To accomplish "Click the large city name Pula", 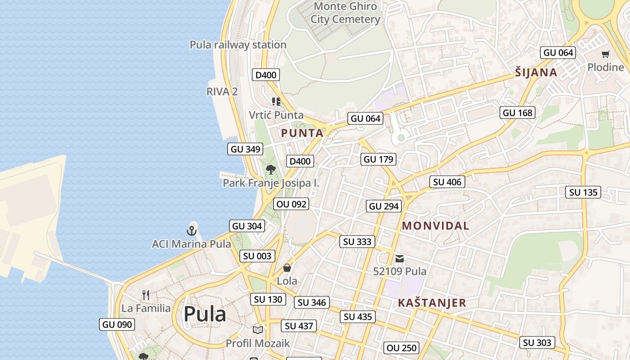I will (x=205, y=314).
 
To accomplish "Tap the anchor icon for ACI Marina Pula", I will (x=192, y=231).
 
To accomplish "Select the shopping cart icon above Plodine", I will (x=605, y=54).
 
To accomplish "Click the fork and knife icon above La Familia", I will (x=145, y=295).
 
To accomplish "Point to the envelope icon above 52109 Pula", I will (x=400, y=259).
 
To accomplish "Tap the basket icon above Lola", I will (x=287, y=268).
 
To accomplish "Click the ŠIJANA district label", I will (x=536, y=72).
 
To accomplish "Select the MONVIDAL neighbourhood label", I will (x=435, y=226).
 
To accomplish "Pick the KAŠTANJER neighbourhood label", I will (x=432, y=303).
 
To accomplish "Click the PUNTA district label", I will (x=302, y=133).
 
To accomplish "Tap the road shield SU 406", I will (x=447, y=182).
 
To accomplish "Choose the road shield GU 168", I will (x=517, y=112).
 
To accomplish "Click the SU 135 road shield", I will (x=583, y=192).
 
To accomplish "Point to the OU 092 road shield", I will (x=291, y=204).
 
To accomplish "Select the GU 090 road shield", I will (x=117, y=324).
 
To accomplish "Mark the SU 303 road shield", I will (x=537, y=342).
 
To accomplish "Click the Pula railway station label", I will (x=238, y=45).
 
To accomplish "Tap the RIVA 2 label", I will (x=222, y=91).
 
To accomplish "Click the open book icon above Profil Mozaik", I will (x=257, y=330).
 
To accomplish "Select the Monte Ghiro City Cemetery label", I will (x=345, y=13).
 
